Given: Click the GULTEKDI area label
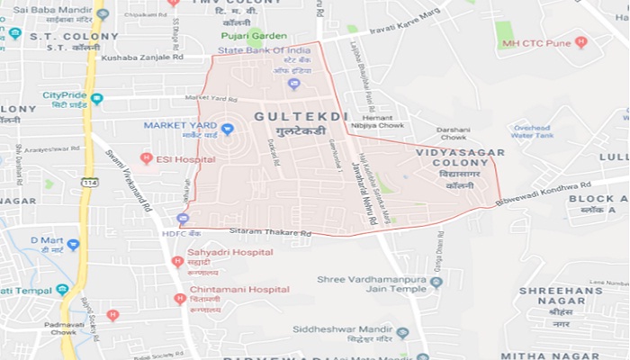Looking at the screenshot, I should tap(288, 117).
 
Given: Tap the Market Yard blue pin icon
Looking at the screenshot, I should tap(228, 130).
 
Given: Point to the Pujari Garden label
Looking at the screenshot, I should tap(255, 36).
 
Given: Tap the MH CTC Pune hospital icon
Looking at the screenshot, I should tap(580, 42).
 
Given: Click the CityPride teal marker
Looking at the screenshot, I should tap(96, 97).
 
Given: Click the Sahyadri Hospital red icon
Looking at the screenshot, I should tap(177, 261).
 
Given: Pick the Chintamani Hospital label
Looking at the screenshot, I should tap(239, 289).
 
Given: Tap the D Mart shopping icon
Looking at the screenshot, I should tap(73, 243).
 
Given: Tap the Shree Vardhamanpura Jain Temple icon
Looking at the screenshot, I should tap(436, 283).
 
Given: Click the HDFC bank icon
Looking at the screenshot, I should tap(183, 219).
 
